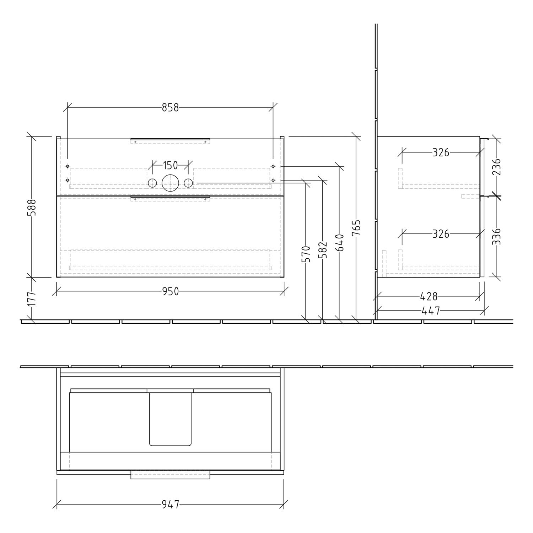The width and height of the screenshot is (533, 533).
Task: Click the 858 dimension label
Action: tap(170, 107)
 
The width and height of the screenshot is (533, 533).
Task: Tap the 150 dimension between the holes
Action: tap(170, 165)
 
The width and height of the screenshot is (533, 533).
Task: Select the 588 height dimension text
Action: tap(32, 208)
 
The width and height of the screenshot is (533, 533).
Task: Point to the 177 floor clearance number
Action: tap(32, 298)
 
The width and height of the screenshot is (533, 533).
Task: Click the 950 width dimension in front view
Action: tap(171, 291)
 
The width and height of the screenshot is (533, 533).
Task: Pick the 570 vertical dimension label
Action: tap(306, 254)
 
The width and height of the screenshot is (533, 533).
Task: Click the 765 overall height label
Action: tap(356, 228)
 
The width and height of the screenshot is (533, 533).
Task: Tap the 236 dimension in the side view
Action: tap(496, 167)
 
